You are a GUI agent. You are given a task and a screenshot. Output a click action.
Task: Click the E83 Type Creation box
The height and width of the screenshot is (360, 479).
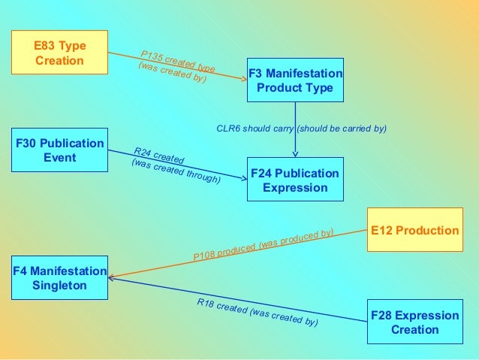[59, 52]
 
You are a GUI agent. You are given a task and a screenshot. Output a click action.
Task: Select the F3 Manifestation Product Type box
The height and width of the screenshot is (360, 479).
[295, 80]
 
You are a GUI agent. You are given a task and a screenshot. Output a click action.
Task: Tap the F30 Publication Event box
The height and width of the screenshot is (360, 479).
[59, 150]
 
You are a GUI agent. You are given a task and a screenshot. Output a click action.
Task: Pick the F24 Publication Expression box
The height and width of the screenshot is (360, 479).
[295, 180]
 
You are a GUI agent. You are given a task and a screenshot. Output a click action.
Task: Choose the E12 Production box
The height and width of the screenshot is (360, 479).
[415, 230]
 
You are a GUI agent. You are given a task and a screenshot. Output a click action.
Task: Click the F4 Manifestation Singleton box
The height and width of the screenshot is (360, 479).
[59, 277]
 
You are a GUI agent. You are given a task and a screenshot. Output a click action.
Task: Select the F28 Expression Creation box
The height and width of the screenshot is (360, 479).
[415, 322]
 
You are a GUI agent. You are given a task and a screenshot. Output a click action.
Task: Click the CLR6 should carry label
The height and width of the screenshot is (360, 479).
[301, 129]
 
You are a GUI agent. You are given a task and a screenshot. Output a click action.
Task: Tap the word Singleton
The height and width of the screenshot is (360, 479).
[59, 286]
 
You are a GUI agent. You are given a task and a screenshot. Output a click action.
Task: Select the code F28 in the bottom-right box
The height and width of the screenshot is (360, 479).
[382, 315]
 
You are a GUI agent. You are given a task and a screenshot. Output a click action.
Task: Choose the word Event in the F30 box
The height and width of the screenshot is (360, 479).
[59, 158]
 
